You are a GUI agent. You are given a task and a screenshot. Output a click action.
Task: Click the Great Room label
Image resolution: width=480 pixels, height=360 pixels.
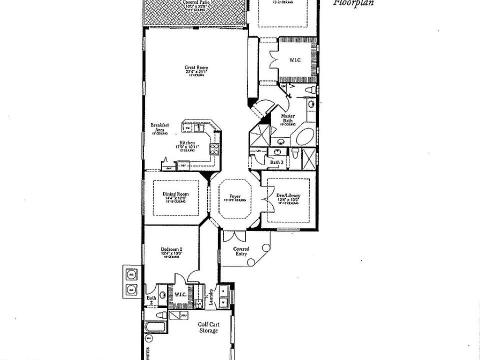[196, 68]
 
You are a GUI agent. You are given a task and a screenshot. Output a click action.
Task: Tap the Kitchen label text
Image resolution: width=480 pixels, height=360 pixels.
[188, 142]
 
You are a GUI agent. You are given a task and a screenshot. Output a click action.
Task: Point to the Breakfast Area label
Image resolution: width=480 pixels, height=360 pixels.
[160, 127]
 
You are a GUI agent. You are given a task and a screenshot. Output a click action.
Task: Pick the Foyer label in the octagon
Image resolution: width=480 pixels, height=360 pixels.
[235, 196]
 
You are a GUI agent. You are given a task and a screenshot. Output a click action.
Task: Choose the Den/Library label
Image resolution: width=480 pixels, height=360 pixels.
[287, 196]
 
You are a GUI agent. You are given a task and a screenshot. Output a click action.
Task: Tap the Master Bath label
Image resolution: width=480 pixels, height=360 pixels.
[288, 118]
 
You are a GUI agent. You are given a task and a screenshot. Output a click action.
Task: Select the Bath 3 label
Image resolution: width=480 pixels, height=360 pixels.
[276, 162]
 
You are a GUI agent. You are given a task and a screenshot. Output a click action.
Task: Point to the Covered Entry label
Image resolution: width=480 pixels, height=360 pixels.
[241, 251]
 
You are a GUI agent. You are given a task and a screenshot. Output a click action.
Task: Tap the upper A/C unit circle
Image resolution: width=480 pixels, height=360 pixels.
[131, 274]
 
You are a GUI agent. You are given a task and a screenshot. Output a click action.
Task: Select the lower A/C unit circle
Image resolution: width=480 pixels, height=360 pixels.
[131, 289]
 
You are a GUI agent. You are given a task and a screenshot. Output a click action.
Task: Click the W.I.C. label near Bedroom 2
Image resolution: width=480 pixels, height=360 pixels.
[180, 294]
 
